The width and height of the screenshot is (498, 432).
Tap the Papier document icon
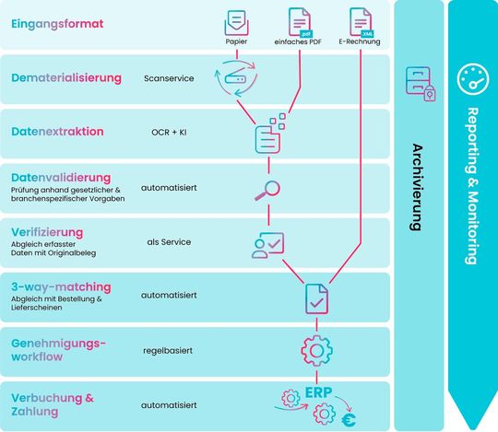[237, 20]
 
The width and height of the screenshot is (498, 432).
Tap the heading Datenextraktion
[57, 132]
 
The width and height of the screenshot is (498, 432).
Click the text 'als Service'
[168, 241]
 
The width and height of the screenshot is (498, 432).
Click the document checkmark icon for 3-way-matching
[316, 298]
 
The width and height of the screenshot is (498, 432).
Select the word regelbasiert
[168, 351]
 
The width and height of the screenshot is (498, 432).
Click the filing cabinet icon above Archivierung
[419, 83]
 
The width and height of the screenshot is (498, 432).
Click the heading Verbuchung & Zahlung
[53, 404]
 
